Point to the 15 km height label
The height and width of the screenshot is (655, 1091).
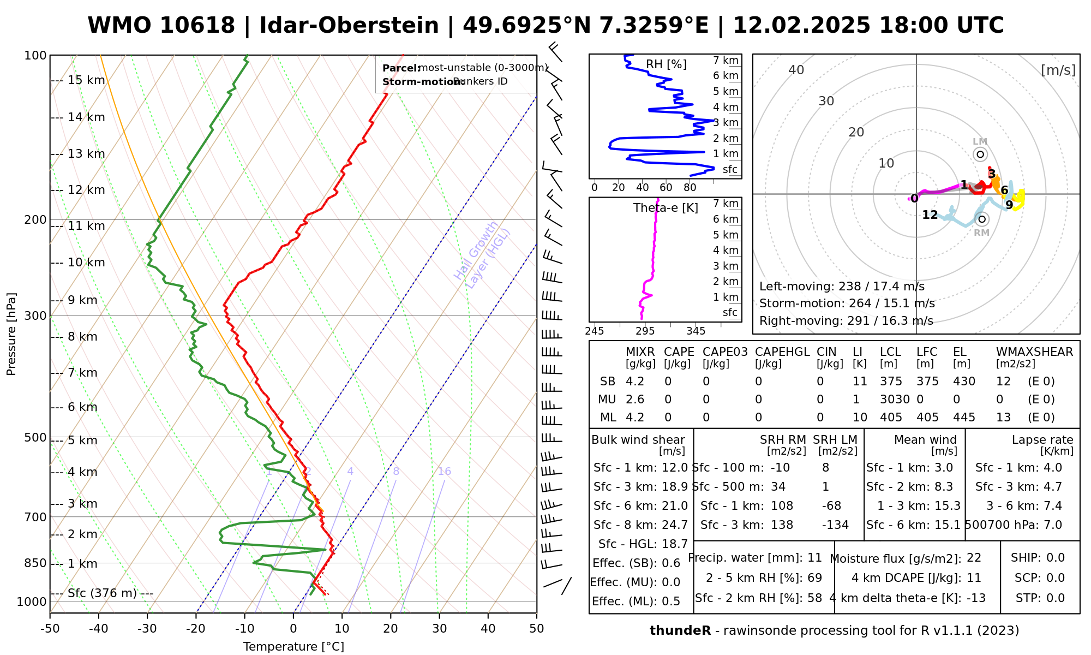86,80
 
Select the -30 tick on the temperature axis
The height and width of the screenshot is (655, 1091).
147,629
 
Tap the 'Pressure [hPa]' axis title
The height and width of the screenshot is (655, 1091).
11,334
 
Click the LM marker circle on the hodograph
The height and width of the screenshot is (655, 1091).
980,154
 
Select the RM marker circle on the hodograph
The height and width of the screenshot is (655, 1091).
982,219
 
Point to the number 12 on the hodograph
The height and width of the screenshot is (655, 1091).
930,215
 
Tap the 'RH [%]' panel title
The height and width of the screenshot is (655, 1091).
666,64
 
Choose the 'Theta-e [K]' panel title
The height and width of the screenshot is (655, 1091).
666,208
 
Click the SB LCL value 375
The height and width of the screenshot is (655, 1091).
891,382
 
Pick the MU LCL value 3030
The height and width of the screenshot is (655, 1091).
895,400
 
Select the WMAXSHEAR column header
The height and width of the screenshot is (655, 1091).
1034,352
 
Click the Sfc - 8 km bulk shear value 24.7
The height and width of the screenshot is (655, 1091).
675,525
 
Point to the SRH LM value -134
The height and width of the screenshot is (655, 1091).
835,525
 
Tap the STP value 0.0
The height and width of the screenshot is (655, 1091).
1056,598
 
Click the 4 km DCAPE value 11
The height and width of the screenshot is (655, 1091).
974,578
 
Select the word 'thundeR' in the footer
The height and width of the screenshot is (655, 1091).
680,631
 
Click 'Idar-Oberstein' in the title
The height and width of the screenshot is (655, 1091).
349,26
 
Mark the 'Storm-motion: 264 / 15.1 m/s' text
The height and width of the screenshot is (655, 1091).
847,303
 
